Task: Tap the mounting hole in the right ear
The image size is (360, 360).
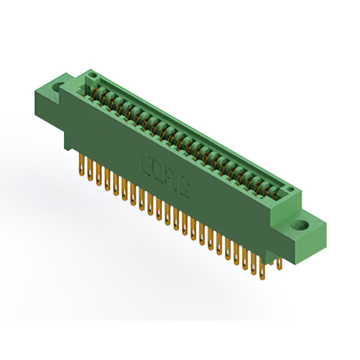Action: pos(299,227)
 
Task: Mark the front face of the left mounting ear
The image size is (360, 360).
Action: pos(51,99)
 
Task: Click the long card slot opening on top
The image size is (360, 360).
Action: pos(186,135)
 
